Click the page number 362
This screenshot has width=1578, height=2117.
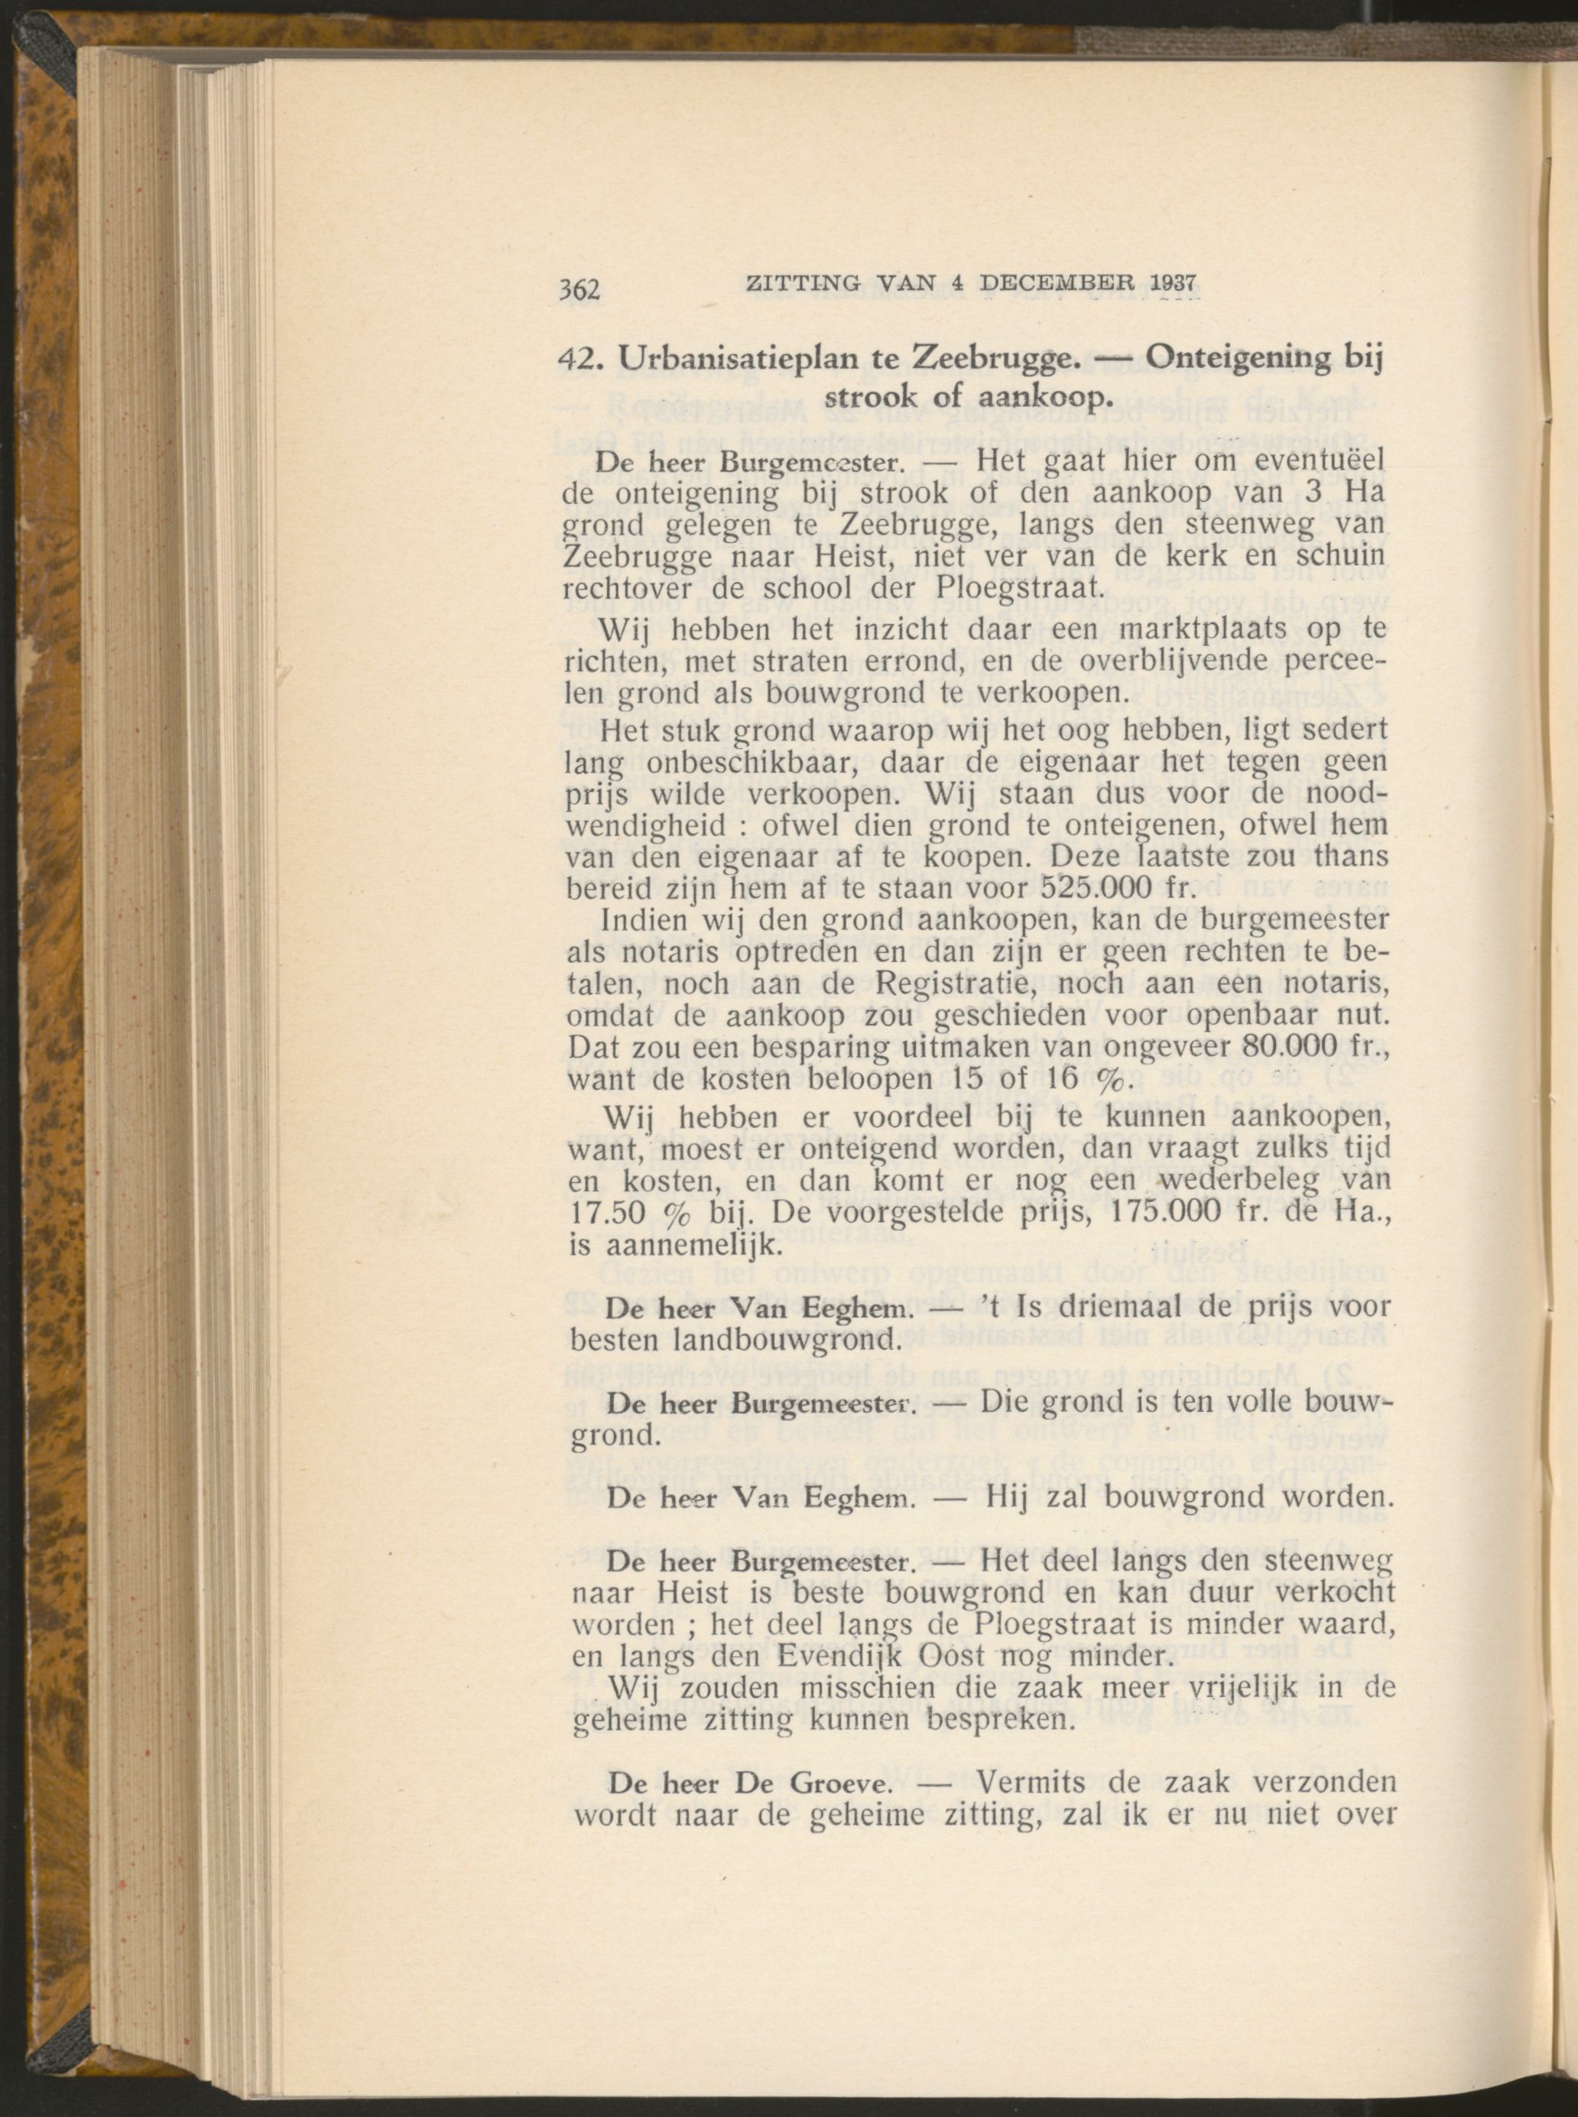click(x=578, y=288)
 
